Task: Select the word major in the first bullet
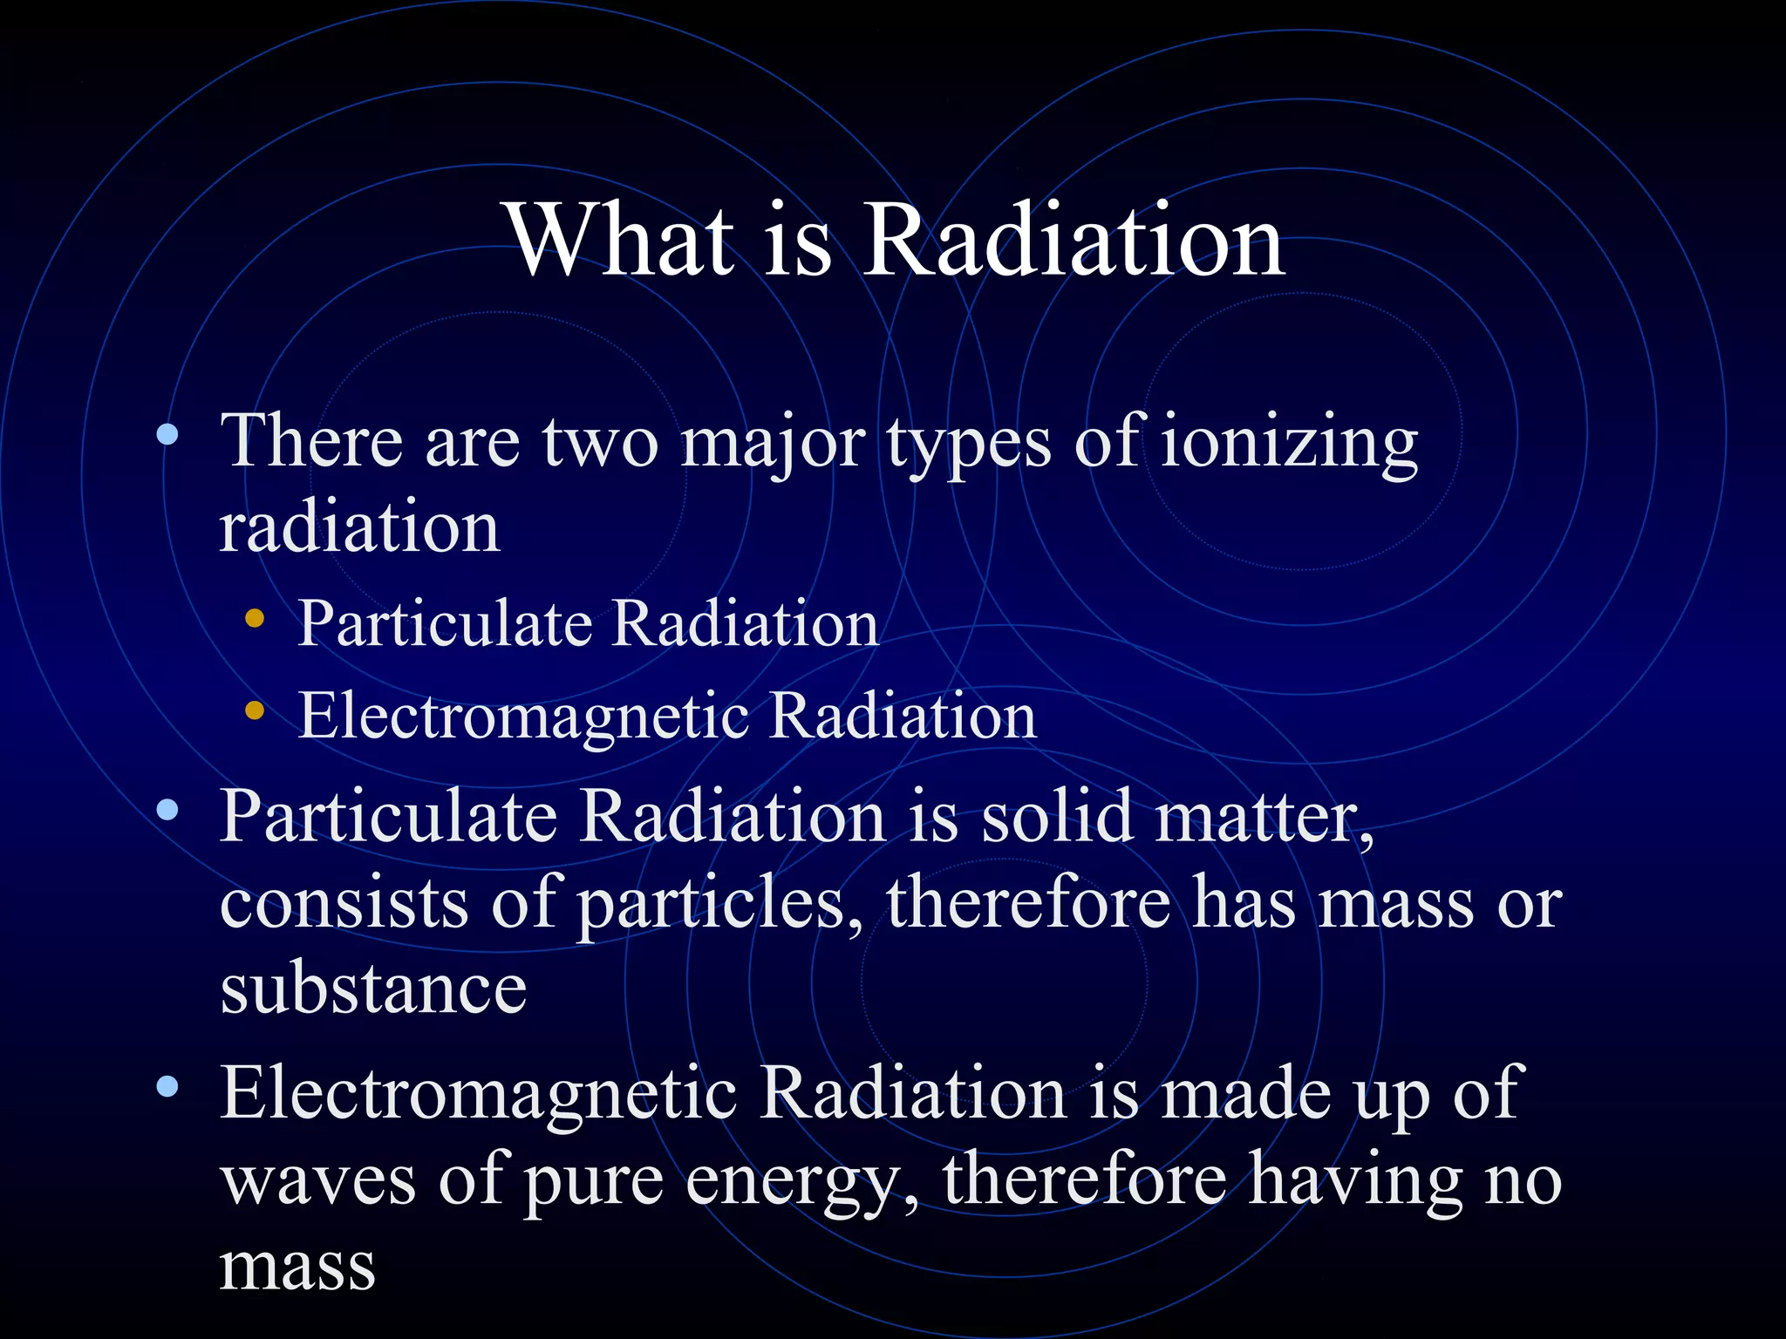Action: click(773, 443)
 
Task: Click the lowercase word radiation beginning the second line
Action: click(359, 527)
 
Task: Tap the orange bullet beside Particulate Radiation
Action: click(255, 619)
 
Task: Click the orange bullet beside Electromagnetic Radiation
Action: click(255, 710)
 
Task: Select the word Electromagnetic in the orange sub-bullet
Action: click(523, 716)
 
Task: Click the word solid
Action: click(1056, 817)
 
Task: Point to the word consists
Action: click(344, 904)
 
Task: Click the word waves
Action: click(317, 1179)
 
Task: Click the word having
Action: click(1355, 1179)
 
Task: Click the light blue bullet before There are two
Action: click(167, 434)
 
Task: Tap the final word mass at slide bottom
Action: click(297, 1266)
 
